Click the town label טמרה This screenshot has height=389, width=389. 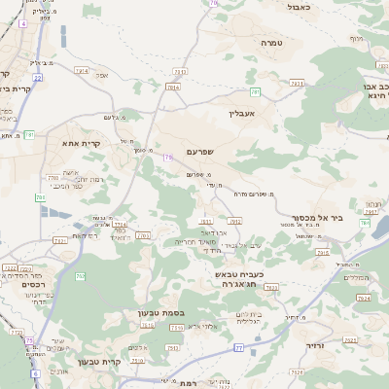pyautogui.click(x=270, y=43)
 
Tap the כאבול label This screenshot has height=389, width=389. pyautogui.click(x=299, y=7)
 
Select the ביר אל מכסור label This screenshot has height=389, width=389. pyautogui.click(x=317, y=218)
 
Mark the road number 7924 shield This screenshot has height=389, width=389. pyautogui.click(x=363, y=298)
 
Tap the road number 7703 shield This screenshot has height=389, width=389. pyautogui.click(x=143, y=235)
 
